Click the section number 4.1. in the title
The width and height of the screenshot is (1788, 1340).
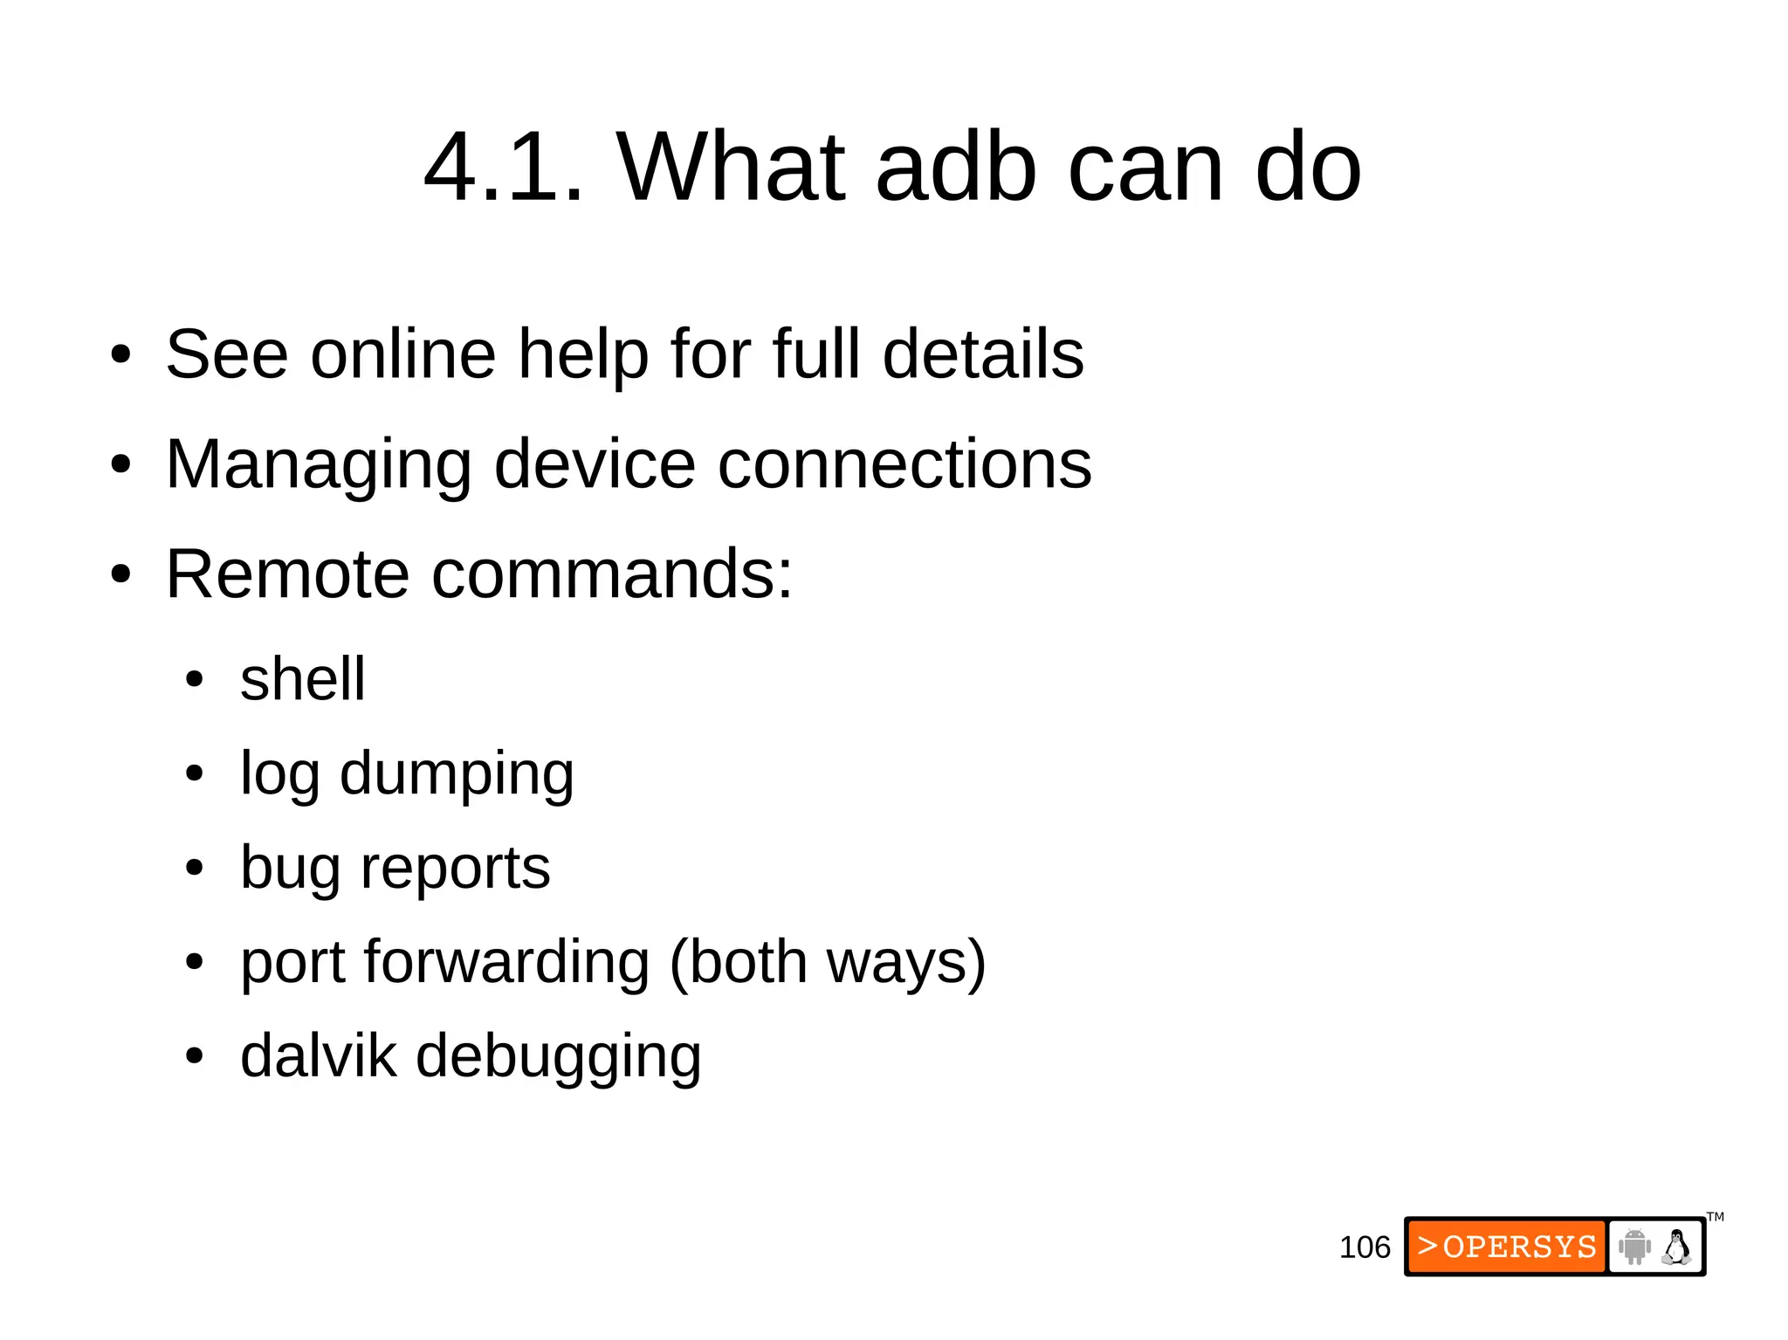[503, 167]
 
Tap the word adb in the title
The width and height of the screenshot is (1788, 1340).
[956, 167]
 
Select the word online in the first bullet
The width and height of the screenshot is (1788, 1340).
[403, 354]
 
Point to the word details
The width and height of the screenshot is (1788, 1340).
[983, 354]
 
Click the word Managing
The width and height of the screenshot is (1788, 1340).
[319, 464]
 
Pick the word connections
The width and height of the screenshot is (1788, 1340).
[904, 464]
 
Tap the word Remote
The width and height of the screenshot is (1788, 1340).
[287, 574]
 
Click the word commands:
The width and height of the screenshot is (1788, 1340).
[612, 574]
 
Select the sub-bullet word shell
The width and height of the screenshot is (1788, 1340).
[302, 679]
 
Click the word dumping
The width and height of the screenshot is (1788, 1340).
[457, 774]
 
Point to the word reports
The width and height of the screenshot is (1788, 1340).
[455, 869]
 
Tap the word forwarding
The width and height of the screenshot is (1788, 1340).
[506, 962]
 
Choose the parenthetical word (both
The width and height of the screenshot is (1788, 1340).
[738, 962]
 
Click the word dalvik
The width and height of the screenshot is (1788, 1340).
[318, 1056]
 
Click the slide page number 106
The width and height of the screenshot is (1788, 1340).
[1364, 1247]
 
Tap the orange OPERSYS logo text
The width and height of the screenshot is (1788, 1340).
[1507, 1247]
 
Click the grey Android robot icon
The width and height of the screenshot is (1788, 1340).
[1633, 1247]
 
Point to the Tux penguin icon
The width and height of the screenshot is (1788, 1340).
[1676, 1247]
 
